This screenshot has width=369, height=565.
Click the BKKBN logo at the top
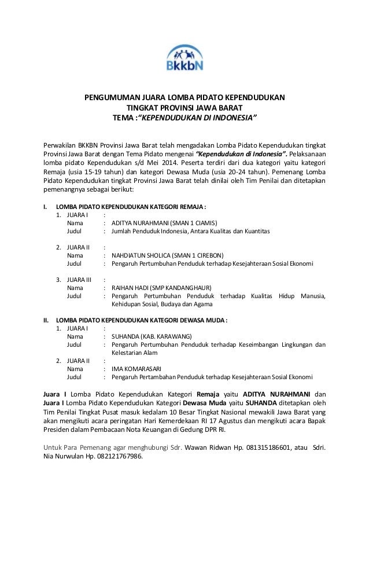(184, 55)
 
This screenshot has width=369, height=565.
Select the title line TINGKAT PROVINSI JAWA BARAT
(184, 108)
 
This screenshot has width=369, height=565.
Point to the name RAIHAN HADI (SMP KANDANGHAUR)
(161, 287)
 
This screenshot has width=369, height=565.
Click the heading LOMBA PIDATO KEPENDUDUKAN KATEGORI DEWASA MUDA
(141, 320)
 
